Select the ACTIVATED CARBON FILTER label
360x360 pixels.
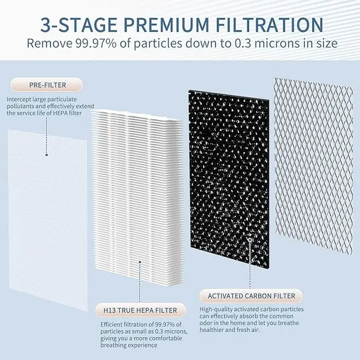click(x=253, y=295)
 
